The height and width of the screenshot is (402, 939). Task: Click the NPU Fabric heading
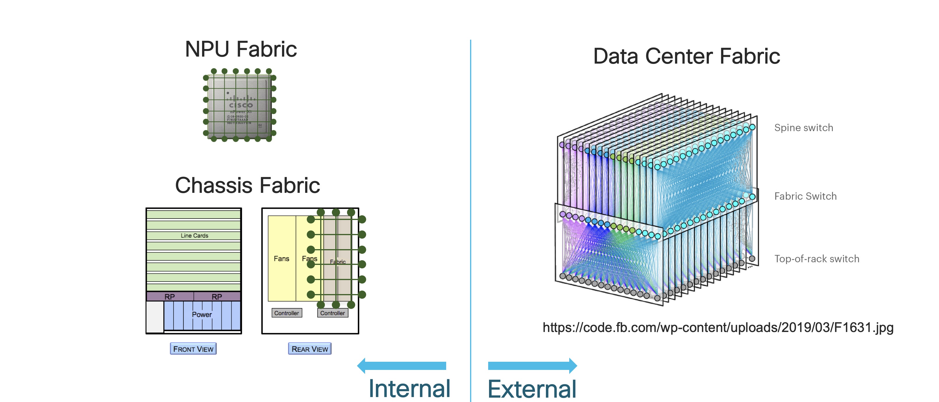point(241,49)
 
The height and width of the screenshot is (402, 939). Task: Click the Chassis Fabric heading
point(248,185)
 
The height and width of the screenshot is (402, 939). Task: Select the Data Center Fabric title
point(686,57)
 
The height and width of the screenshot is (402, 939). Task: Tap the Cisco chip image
point(239,105)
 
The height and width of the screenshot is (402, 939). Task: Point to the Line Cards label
point(194,236)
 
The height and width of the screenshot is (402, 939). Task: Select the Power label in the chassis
point(202,314)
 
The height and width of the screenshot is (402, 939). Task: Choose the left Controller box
point(286,313)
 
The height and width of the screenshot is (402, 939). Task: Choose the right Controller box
point(332,313)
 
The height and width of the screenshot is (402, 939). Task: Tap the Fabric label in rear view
point(338,262)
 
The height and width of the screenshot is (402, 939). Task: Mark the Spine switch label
point(803,128)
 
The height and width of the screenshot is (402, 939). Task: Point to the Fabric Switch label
point(805,196)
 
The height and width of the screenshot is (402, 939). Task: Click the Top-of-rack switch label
point(817,259)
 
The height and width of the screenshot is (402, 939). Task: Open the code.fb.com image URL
point(718,328)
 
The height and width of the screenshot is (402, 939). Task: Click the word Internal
point(409,389)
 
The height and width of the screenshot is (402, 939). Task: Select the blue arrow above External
point(532,366)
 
